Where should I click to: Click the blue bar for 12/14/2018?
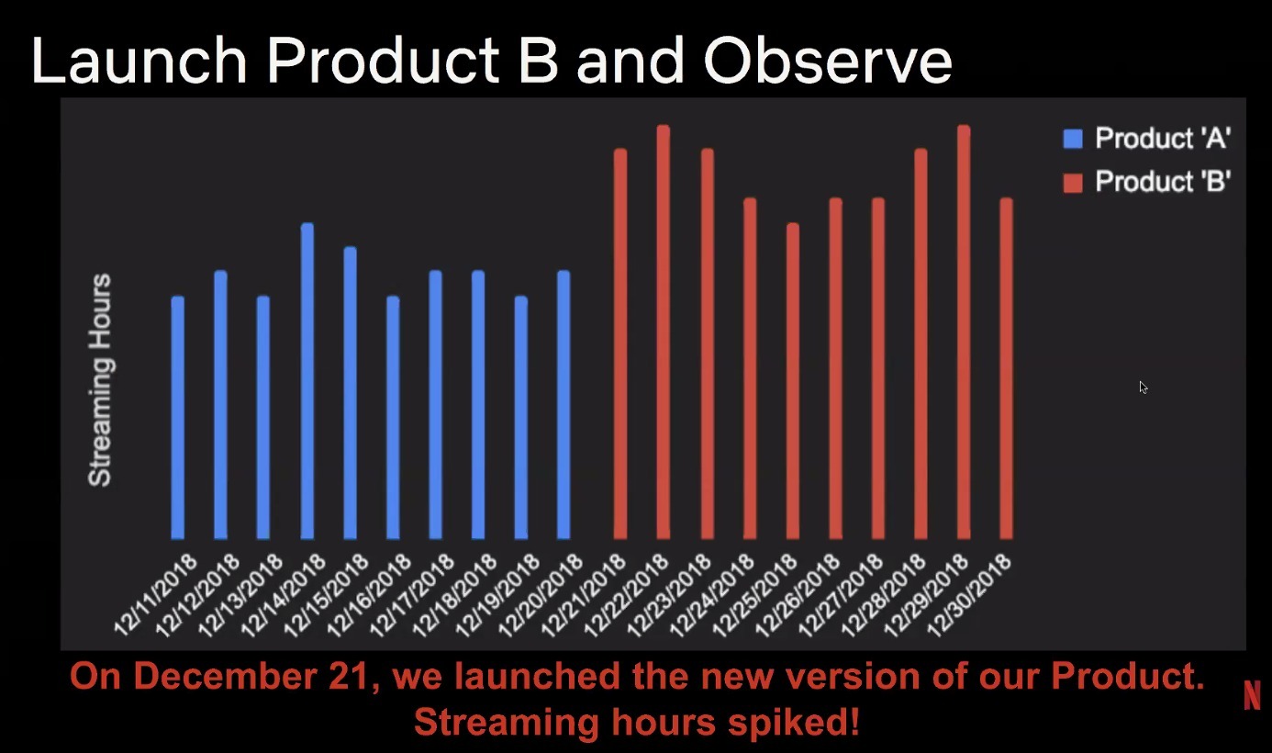click(x=307, y=381)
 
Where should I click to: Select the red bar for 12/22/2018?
click(x=664, y=332)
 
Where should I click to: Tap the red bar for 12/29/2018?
click(x=964, y=332)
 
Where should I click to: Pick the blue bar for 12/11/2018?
click(x=178, y=417)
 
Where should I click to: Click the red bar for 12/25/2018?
click(x=793, y=381)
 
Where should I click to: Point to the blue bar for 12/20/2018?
click(x=563, y=405)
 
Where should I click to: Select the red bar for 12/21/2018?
click(x=620, y=343)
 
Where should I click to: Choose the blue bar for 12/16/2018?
click(x=393, y=417)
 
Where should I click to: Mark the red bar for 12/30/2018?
click(x=1006, y=368)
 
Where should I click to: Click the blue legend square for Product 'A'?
click(x=1073, y=139)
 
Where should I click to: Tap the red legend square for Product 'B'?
click(x=1073, y=183)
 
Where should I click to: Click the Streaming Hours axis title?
click(x=101, y=380)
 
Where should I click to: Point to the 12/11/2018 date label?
click(x=156, y=595)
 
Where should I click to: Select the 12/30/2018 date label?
click(x=969, y=595)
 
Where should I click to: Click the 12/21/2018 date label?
click(x=583, y=595)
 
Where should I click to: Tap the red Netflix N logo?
click(x=1252, y=695)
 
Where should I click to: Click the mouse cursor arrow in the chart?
click(x=1144, y=388)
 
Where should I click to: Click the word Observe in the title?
click(x=828, y=61)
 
